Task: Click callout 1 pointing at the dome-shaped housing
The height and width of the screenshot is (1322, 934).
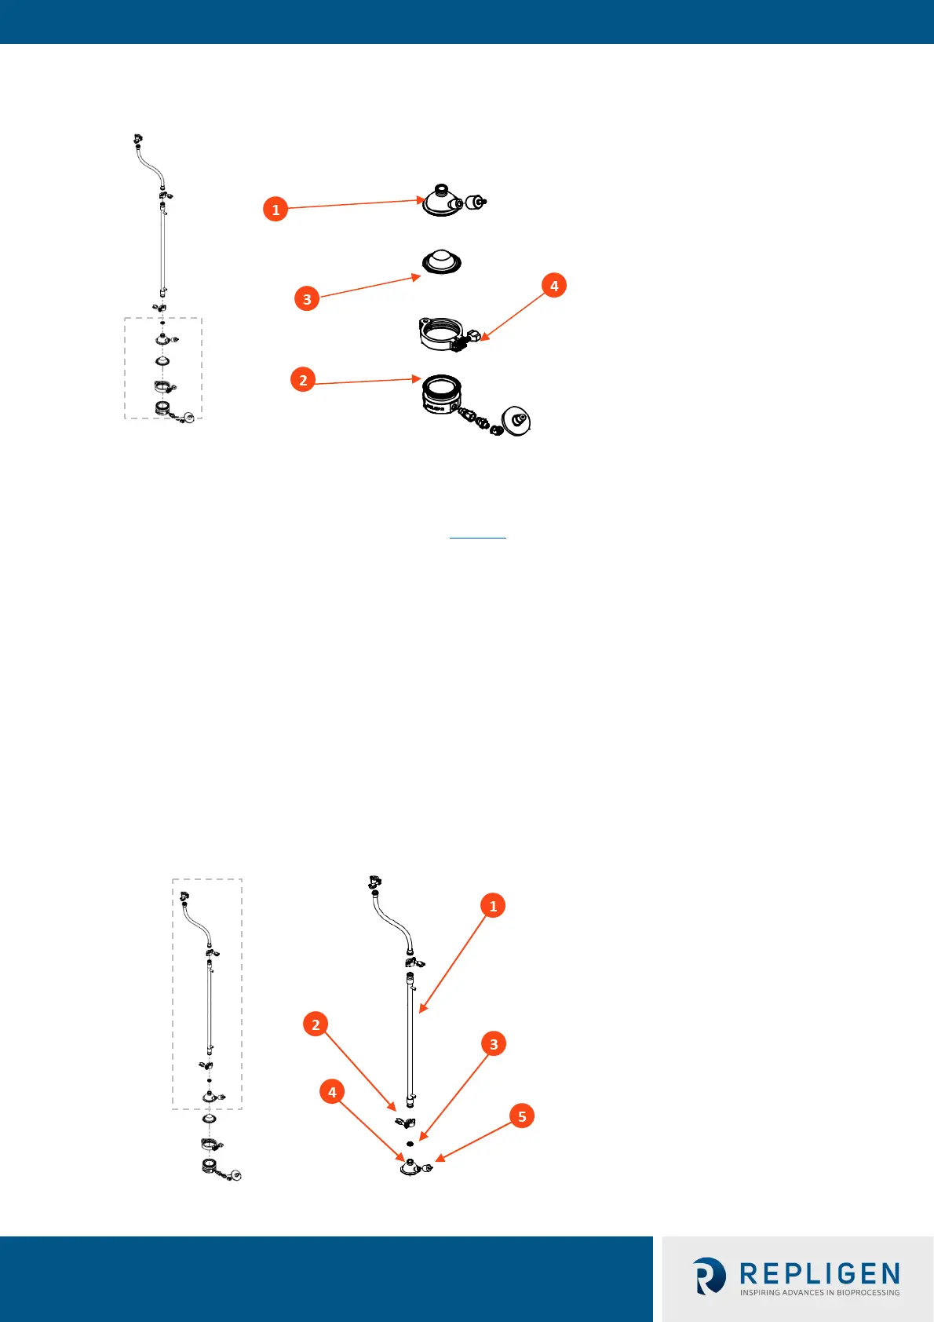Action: coord(275,210)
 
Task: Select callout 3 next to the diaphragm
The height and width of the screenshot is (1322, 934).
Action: coord(307,298)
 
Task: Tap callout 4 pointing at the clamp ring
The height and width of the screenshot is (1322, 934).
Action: coord(554,286)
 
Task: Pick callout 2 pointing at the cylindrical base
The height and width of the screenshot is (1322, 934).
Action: coord(303,380)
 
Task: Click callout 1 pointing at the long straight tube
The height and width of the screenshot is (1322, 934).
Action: coord(493,906)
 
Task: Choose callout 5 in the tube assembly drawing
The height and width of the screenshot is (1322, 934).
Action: coord(522,1116)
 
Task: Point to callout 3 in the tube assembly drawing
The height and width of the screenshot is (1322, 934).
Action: coord(494,1044)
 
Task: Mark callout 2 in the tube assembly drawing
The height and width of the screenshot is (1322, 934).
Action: coord(316,1024)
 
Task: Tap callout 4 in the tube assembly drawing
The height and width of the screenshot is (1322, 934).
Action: coord(332,1092)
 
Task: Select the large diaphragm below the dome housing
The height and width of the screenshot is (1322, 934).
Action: coord(441,262)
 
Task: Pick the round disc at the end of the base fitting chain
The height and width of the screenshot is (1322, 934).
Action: coord(516,421)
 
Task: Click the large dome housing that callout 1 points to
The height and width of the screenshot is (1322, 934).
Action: coord(442,201)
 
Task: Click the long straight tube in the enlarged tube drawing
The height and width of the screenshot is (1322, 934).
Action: coord(410,1036)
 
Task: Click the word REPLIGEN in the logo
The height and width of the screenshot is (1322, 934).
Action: coord(819,1273)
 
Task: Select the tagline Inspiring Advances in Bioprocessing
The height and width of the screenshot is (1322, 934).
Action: coord(819,1292)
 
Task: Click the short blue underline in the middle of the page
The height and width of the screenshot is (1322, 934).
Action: coord(478,538)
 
